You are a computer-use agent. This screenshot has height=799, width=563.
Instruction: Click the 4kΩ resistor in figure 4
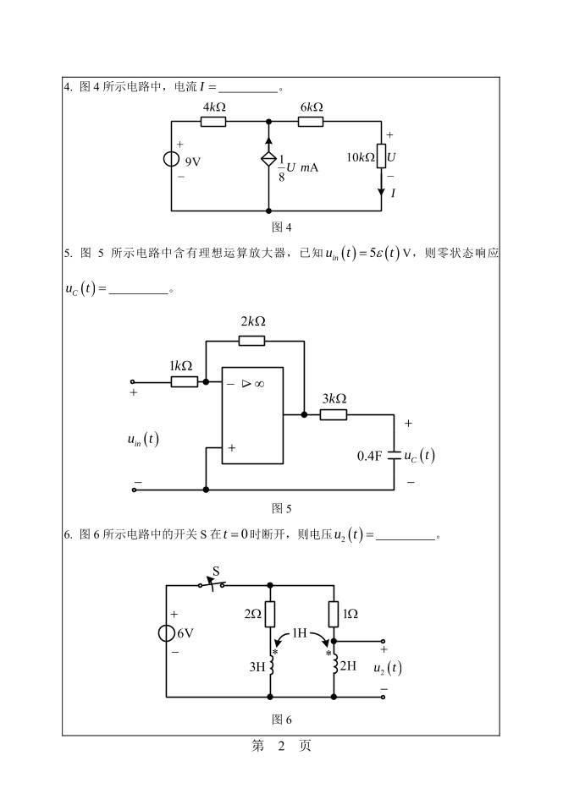(213, 122)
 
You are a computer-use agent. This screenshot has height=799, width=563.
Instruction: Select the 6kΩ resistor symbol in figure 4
(311, 122)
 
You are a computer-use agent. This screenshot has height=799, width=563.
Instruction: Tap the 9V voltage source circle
(172, 161)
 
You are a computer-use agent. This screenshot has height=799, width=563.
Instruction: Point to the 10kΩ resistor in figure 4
(381, 156)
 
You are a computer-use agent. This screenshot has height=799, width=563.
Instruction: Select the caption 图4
(281, 227)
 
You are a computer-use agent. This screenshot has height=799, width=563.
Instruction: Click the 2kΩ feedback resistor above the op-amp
(251, 340)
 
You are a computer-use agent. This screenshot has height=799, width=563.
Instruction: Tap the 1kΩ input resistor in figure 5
(184, 382)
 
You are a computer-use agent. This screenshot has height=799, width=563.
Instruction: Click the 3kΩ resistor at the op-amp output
(334, 414)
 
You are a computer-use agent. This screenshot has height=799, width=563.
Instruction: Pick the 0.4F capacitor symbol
(395, 455)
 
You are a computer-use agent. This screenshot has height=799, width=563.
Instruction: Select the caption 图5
(281, 508)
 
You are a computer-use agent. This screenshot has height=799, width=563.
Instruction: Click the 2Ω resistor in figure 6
(269, 614)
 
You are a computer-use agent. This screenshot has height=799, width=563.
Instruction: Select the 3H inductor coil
(270, 665)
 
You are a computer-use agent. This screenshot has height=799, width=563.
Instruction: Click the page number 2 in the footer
(283, 747)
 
